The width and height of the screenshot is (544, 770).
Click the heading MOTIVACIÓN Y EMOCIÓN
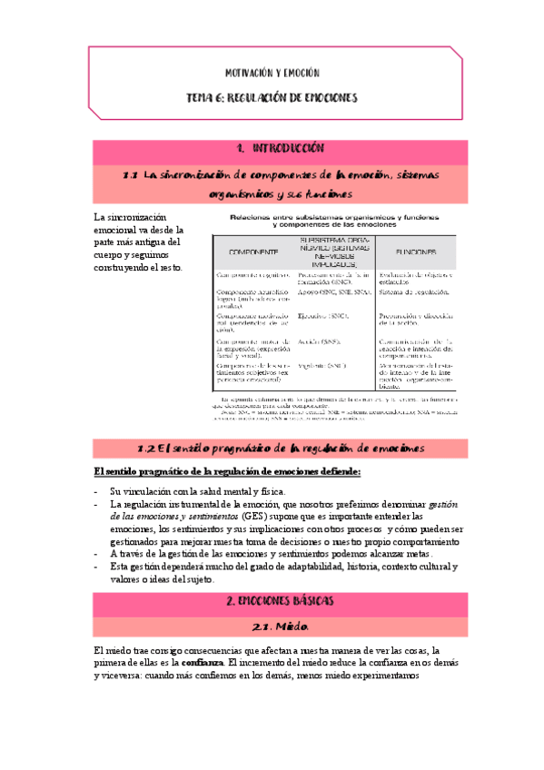[x=272, y=72]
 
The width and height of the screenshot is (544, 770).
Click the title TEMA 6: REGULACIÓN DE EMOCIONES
[x=272, y=97]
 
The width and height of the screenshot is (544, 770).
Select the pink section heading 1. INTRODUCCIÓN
[x=272, y=148]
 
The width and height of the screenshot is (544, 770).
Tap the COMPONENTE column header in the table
[x=246, y=252]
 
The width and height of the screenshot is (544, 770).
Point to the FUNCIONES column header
[x=413, y=252]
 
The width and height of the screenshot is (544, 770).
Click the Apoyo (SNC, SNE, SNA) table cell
[x=333, y=293]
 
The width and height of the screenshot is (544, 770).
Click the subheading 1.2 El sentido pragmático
[x=272, y=447]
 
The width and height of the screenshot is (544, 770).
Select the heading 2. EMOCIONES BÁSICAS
[x=272, y=601]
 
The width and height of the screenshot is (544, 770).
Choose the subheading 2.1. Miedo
[x=272, y=627]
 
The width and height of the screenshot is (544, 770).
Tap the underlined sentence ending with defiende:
[x=227, y=471]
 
